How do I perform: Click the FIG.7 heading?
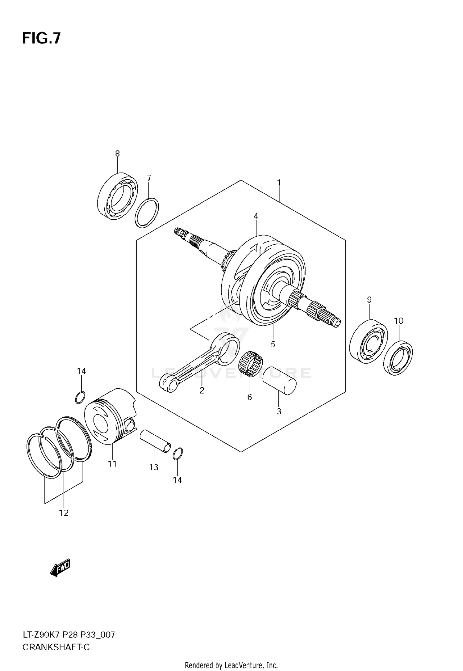click(41, 39)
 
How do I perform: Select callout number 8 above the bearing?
click(117, 154)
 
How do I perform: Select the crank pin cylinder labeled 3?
click(279, 380)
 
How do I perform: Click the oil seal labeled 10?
click(398, 357)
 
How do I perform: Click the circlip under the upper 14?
click(80, 397)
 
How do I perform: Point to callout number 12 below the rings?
click(64, 513)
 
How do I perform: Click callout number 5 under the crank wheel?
click(273, 344)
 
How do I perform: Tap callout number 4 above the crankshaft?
click(256, 216)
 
